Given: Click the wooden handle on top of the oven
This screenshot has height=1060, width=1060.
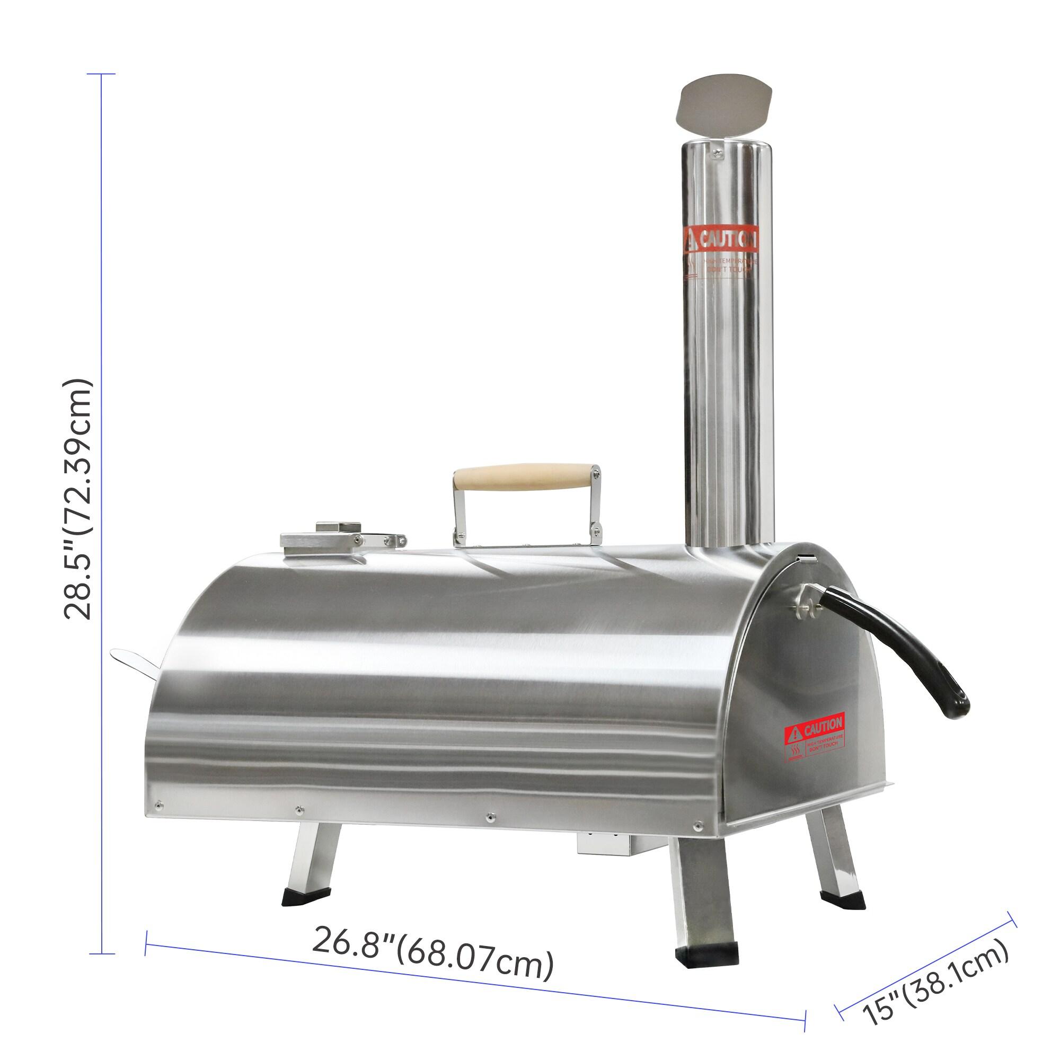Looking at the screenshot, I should click(x=526, y=478).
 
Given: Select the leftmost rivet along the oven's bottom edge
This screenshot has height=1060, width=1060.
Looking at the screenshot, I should click(x=158, y=805).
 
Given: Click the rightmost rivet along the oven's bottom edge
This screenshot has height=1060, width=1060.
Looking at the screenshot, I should click(x=697, y=824).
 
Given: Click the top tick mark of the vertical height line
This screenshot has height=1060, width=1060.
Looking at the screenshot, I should click(x=102, y=74).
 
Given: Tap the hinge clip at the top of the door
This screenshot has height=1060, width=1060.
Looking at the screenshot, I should click(x=806, y=558).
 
